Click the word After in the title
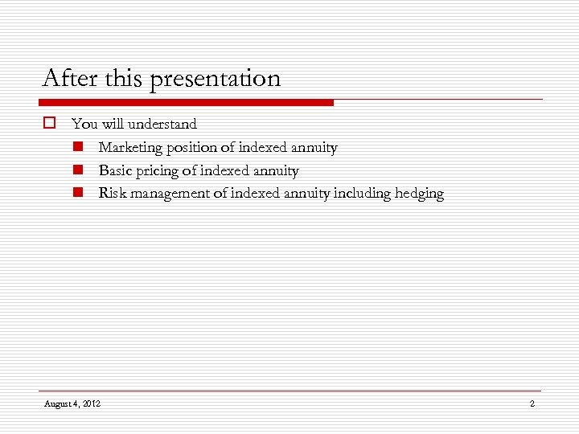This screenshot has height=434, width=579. [x=70, y=79]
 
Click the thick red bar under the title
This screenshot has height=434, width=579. [x=186, y=102]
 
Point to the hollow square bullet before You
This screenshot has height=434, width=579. [x=48, y=124]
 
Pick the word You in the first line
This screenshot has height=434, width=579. [x=83, y=125]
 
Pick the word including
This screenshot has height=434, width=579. [x=363, y=194]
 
